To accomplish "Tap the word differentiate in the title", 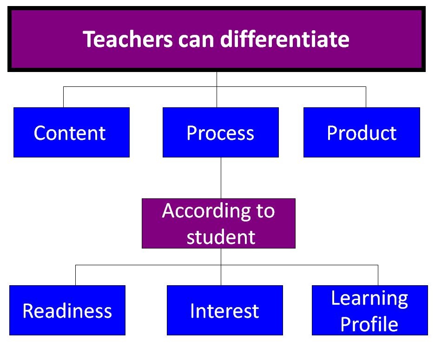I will click(284, 40).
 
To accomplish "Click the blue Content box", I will click(71, 132).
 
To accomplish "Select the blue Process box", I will click(220, 132).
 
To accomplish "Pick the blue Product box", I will click(362, 132).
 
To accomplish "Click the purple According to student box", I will click(218, 223).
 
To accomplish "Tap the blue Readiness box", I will click(67, 310).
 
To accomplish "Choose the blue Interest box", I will click(224, 310).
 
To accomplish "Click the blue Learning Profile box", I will click(369, 310).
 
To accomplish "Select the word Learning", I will click(369, 298).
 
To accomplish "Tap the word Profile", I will click(369, 324).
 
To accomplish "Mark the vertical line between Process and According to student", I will click(221, 178).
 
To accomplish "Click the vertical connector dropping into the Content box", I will click(63, 97).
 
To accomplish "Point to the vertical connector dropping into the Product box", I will click(366, 97).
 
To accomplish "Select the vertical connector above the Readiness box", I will click(75, 275).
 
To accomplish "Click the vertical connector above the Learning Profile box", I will click(378, 275).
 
